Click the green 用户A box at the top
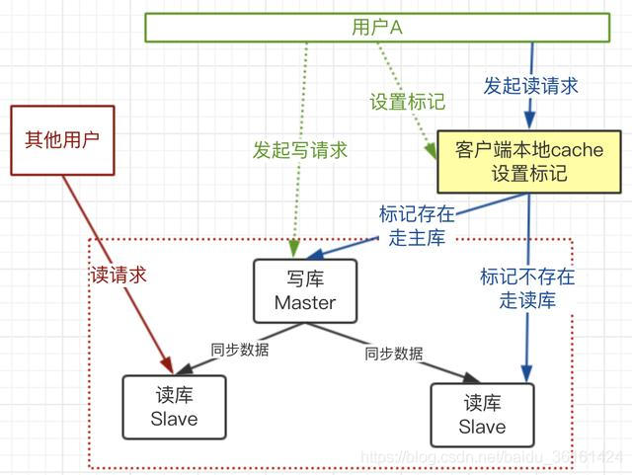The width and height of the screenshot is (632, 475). point(376,28)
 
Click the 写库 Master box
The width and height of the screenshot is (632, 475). point(305,290)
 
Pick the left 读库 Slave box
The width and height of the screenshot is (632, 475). point(174,407)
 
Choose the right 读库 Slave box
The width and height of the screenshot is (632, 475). point(482,416)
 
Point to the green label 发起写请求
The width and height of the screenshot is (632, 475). point(300,150)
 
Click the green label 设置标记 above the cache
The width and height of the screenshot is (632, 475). point(407,102)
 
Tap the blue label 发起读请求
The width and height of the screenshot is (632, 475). point(530,85)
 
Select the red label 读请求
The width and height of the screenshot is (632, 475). point(118,276)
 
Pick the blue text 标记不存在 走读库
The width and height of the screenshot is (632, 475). point(527,288)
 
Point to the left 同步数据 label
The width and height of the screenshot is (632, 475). point(240,349)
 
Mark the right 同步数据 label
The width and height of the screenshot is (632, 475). point(393,353)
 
